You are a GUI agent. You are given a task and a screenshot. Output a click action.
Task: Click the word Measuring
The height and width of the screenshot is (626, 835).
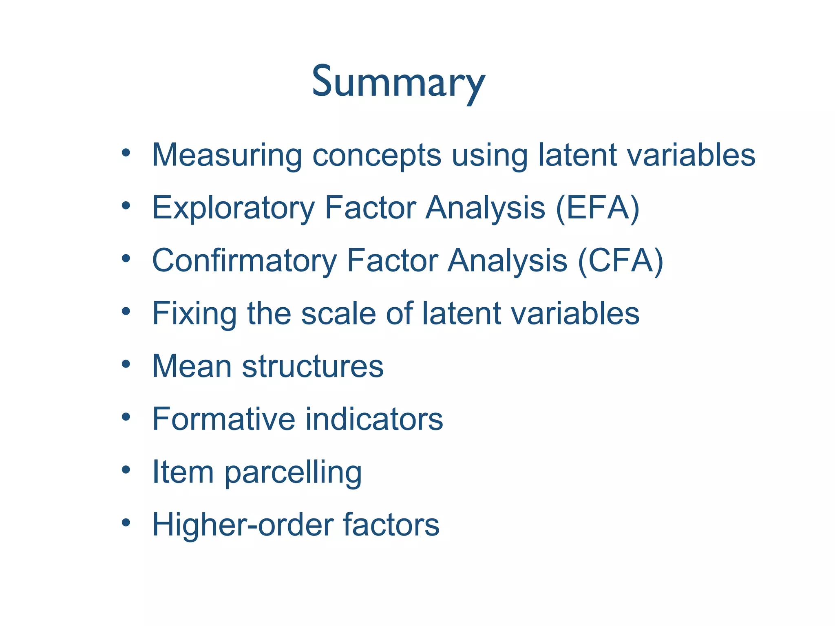point(227,155)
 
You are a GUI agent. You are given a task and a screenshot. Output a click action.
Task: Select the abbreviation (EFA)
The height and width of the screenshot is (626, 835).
point(597,208)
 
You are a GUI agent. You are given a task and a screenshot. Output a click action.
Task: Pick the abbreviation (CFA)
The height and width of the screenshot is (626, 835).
point(620,261)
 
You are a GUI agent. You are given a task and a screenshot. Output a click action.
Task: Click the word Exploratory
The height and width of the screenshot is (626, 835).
point(233,208)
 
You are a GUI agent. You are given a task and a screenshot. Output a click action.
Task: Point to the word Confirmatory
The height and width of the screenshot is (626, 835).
point(244,261)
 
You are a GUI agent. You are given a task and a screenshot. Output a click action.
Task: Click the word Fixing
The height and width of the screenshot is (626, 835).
point(194,314)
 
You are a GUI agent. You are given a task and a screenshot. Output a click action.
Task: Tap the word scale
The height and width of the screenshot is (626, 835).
point(338,314)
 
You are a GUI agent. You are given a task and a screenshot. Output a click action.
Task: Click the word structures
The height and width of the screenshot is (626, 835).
point(313,366)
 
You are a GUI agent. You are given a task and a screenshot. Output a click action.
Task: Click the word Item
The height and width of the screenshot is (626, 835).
point(183,472)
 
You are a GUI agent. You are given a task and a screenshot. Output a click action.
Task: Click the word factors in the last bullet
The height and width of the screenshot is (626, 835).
point(391,525)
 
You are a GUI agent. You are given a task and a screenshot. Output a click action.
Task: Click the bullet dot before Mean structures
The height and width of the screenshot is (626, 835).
point(126,364)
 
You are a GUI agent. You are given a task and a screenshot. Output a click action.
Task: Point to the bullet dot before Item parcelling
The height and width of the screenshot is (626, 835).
point(126,469)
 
